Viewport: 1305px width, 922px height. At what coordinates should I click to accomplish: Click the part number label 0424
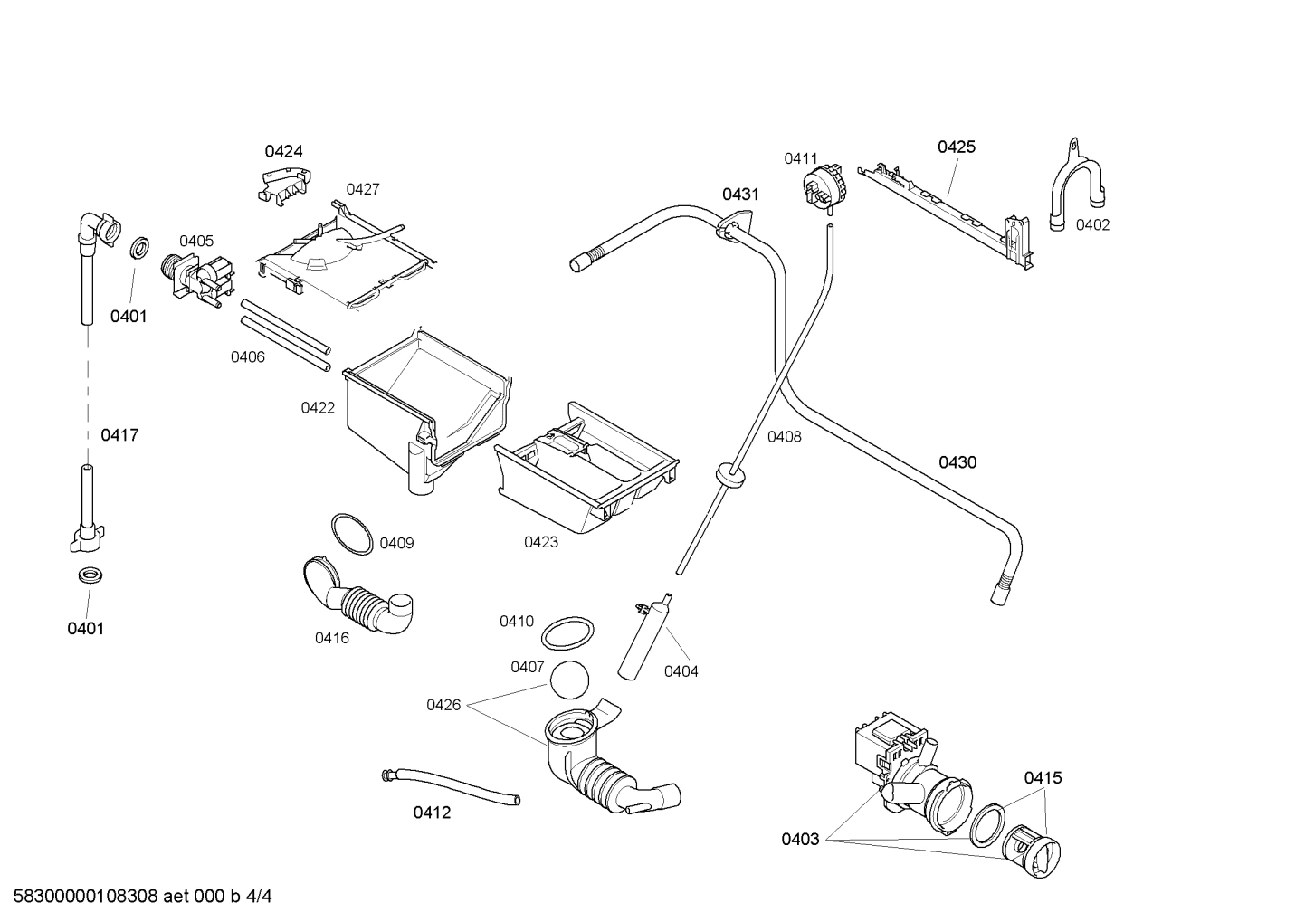coord(283,151)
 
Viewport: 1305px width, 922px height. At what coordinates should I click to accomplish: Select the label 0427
coord(362,189)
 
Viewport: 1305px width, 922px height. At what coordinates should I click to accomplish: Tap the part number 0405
coord(196,241)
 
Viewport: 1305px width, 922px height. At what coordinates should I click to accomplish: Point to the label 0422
coord(318,408)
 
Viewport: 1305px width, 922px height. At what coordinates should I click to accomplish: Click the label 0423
coord(541,542)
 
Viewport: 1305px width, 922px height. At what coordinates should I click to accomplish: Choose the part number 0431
coord(739,195)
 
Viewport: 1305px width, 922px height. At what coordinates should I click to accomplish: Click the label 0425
coord(956,147)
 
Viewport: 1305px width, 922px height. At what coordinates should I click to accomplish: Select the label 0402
coord(1092,225)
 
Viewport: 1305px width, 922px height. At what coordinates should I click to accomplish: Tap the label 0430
coord(957,462)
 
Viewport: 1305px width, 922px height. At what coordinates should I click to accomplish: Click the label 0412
coord(432,813)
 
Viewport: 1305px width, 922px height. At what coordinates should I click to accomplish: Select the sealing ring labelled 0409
coord(352,534)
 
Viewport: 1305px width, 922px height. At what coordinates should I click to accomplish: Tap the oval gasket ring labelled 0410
coord(568,633)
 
